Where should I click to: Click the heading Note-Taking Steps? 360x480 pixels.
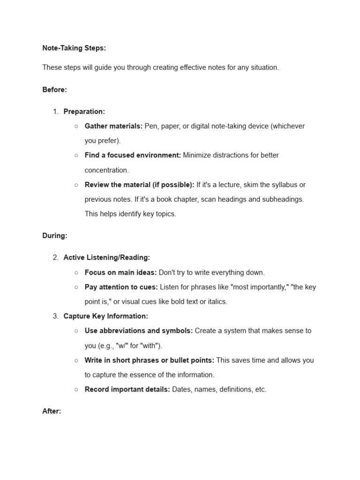point(74,48)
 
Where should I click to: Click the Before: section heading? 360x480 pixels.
point(54,90)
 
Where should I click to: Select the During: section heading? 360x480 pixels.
point(54,236)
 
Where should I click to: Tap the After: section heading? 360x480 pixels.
point(52,411)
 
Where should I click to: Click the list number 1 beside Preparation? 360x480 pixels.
point(55,112)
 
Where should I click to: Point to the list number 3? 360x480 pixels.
point(55,316)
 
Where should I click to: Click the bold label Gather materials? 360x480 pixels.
point(113,126)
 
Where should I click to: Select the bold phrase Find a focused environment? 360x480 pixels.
point(133,155)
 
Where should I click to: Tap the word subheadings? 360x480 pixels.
point(282,199)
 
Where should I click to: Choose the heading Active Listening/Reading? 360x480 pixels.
point(107,257)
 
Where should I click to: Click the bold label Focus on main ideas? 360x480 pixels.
point(120,272)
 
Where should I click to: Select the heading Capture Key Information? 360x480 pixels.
point(105,316)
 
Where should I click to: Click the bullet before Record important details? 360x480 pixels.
point(76,390)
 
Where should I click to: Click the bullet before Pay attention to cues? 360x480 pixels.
point(76,287)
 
